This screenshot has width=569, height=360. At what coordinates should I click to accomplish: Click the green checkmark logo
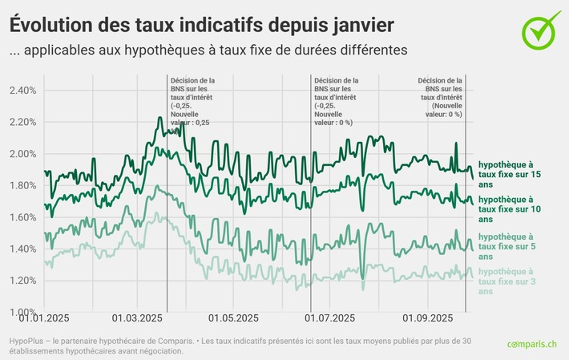pos(542,28)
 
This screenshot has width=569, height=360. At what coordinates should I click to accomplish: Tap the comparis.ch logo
pos(533,344)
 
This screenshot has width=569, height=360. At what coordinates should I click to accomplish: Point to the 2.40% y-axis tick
pos(22,91)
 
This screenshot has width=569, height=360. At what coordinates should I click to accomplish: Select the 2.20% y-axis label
pos(22,122)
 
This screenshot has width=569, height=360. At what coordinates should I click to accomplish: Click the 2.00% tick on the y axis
pos(22,154)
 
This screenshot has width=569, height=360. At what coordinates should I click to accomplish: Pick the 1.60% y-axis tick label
pos(22,217)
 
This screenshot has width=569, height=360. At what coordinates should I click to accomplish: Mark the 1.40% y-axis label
pos(22,249)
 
